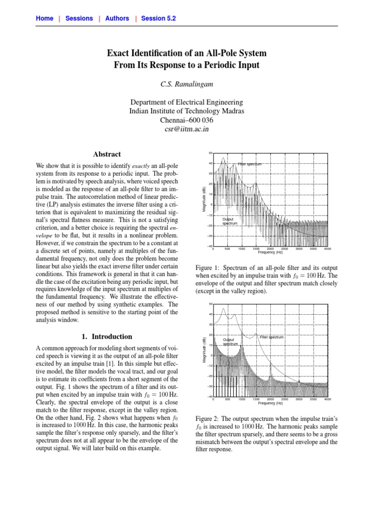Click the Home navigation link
(x=44, y=18)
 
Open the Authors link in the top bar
(x=117, y=18)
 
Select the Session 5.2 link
(x=158, y=18)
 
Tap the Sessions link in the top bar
(x=79, y=18)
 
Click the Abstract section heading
(x=106, y=154)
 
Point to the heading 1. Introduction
(x=106, y=336)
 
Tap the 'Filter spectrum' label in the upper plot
(x=249, y=163)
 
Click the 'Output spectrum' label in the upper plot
(x=229, y=221)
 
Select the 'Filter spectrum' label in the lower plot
(x=271, y=337)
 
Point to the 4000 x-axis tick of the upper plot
(x=327, y=249)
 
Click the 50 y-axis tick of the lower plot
(x=210, y=304)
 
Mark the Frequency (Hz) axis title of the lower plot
(x=270, y=403)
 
